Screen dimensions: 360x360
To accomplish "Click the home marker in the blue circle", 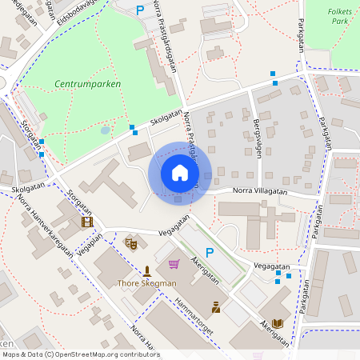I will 179,172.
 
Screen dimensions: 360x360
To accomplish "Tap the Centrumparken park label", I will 88,82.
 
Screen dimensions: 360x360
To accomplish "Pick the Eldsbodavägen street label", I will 76,10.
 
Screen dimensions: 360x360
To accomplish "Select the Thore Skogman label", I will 146,283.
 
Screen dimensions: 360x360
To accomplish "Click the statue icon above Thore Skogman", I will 146,270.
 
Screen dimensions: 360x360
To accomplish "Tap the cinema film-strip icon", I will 86,222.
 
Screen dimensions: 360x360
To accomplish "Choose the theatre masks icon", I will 131,241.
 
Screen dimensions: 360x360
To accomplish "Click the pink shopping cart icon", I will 173,263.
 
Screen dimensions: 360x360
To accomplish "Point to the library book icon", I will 278,323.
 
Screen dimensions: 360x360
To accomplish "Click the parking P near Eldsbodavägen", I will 140,10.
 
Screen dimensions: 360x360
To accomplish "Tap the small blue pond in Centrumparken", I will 106,130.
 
